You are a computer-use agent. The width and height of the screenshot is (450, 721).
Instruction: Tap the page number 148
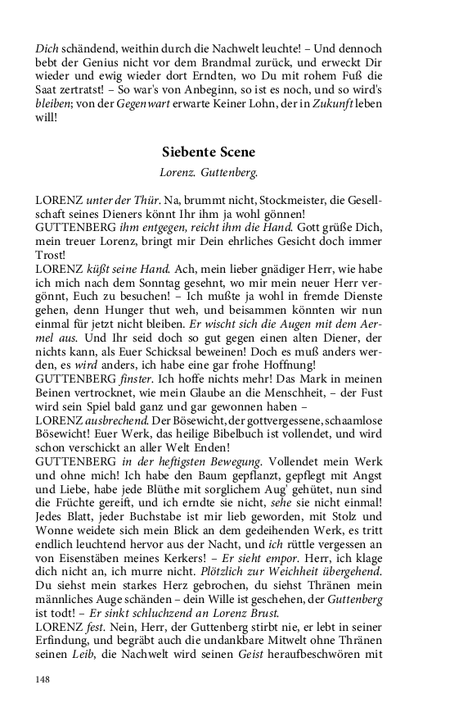point(43,679)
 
